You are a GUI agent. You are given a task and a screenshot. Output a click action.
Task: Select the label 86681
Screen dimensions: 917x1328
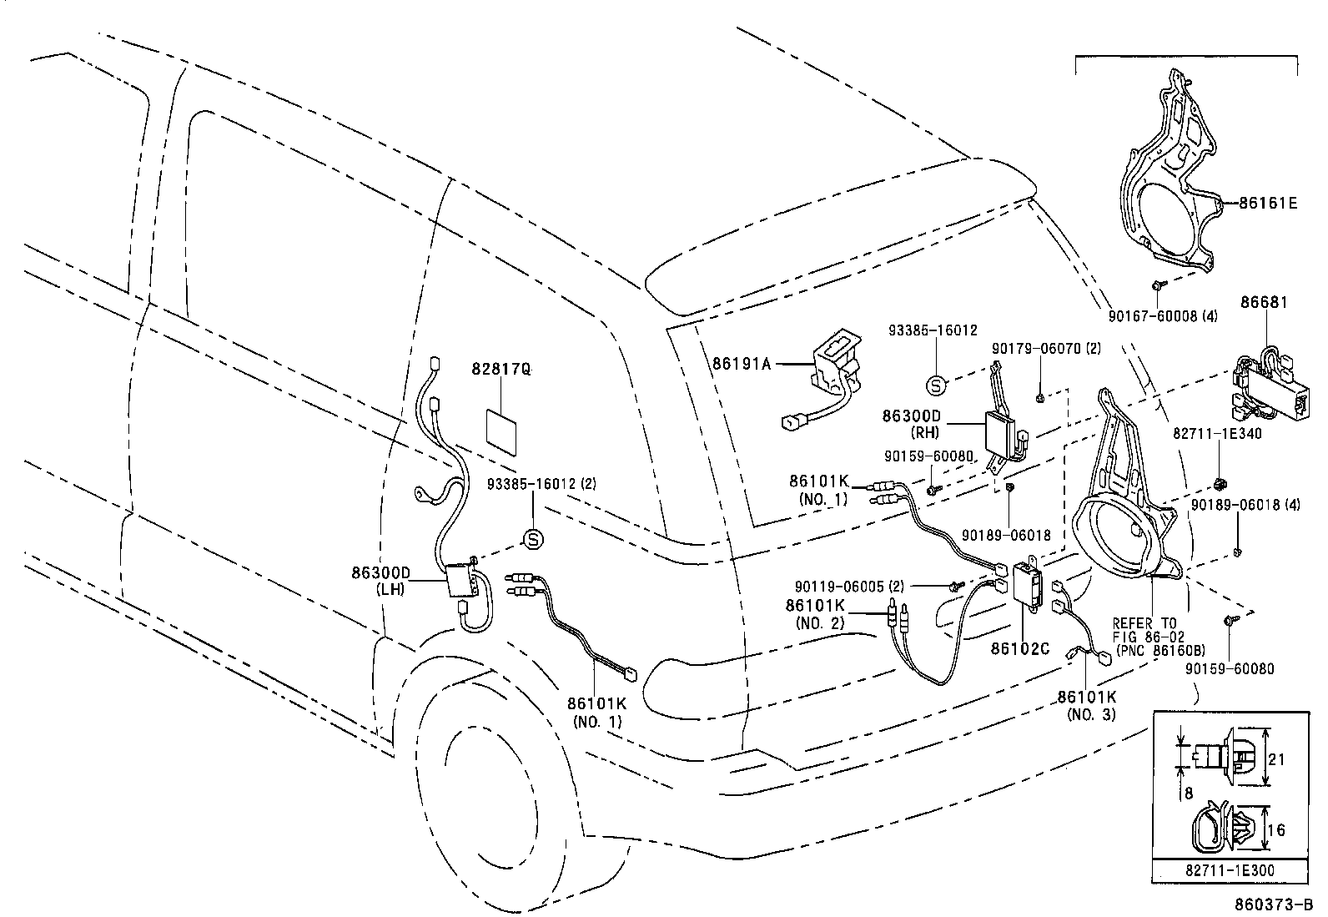[x=1264, y=302]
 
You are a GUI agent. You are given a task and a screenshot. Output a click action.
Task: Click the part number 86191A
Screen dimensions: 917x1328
[x=742, y=363]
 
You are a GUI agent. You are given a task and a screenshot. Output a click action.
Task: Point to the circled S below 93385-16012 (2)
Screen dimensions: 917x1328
[x=532, y=540]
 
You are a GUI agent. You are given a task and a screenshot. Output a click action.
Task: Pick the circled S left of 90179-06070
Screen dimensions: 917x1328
[x=936, y=385]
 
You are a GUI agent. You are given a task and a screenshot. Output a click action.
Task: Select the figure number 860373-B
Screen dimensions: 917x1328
[x=1274, y=904]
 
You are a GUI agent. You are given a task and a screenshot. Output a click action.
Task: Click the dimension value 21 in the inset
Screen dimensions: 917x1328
[x=1276, y=759]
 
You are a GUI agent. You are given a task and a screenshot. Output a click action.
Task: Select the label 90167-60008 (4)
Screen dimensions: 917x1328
[x=1164, y=316]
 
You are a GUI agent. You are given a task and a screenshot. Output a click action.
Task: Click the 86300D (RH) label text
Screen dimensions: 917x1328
[x=911, y=423]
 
